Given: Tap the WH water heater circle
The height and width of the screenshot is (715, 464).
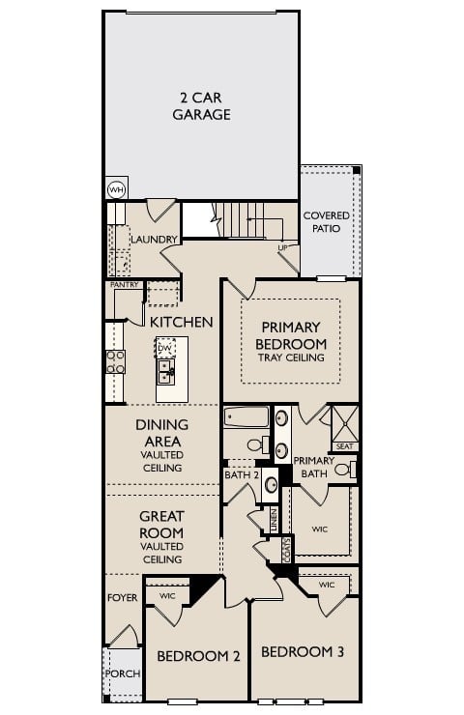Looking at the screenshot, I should pos(116,189).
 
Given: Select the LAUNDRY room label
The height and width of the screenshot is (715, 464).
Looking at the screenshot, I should pos(154,239).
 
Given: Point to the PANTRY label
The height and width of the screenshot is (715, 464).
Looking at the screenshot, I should pos(124,285).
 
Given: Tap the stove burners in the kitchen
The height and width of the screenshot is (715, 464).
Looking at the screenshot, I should pos(115,361).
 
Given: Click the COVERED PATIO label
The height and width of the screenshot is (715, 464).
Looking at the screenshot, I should pos(327,222).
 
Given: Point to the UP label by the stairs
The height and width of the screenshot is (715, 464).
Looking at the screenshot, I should pos(283,247).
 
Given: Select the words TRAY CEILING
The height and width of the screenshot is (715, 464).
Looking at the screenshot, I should pos(291,357).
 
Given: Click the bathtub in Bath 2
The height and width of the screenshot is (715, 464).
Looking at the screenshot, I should pos(246,418).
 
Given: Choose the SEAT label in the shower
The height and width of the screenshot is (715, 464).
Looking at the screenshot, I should pos(345,446).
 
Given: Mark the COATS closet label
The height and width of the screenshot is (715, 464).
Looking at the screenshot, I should pos(287,548).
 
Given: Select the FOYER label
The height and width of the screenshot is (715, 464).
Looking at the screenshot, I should pos(122,598).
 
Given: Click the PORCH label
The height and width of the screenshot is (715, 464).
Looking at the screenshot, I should pos(122,673).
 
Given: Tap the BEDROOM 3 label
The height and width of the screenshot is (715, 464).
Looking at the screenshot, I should pos(303,652).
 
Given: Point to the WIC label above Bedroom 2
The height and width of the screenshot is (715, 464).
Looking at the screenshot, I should pos(167,595).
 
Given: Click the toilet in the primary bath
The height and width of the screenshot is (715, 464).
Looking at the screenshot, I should pos(345,471).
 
